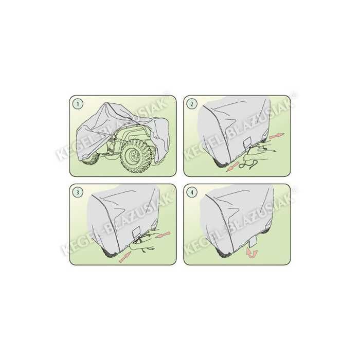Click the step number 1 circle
[78, 104]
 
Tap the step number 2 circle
[192, 104]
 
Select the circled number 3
[78, 193]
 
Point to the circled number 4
[192, 193]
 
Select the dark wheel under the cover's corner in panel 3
[109, 253]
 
